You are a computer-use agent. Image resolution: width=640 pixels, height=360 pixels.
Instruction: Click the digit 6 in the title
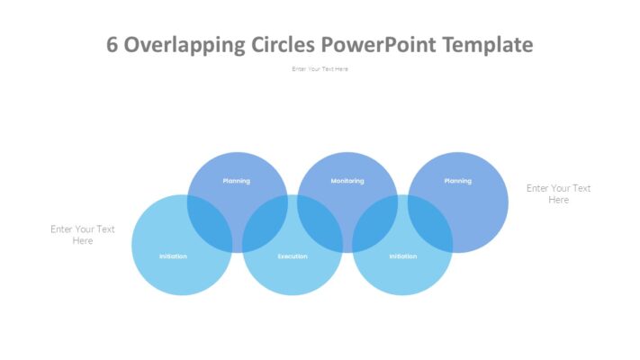pyautogui.click(x=113, y=45)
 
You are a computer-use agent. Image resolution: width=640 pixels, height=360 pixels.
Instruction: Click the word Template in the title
pyautogui.click(x=491, y=45)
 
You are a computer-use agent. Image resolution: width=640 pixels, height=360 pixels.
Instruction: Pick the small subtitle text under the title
pyautogui.click(x=320, y=69)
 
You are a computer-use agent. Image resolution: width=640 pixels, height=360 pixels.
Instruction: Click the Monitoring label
pyautogui.click(x=347, y=181)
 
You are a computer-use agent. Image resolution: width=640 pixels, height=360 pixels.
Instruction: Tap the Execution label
pyautogui.click(x=292, y=256)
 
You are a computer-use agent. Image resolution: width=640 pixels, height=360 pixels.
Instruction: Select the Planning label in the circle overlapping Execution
pyautogui.click(x=237, y=181)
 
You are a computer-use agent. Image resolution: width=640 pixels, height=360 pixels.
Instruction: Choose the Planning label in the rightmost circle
pyautogui.click(x=457, y=181)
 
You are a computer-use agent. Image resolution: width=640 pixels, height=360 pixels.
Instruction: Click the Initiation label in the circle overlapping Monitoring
pyautogui.click(x=402, y=256)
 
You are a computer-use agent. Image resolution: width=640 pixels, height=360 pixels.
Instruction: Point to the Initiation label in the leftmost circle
pyautogui.click(x=173, y=256)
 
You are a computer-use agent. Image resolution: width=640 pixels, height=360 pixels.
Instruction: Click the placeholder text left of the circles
pyautogui.click(x=83, y=235)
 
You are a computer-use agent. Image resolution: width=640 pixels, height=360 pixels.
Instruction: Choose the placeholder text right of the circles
pyautogui.click(x=558, y=193)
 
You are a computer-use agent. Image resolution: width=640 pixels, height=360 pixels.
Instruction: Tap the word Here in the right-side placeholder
pyautogui.click(x=558, y=200)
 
